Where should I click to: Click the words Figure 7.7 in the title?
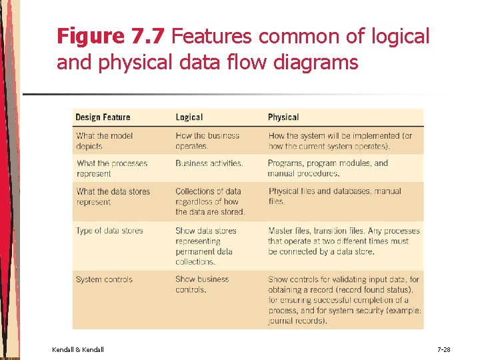click(x=110, y=36)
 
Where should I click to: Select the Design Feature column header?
click(x=103, y=117)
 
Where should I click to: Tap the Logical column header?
click(x=189, y=117)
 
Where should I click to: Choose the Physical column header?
click(x=283, y=117)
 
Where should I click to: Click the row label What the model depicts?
click(x=104, y=141)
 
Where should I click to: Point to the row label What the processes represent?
click(x=111, y=168)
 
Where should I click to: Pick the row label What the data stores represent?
click(x=113, y=196)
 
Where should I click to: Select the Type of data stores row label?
click(x=109, y=231)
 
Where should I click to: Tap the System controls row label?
click(x=104, y=279)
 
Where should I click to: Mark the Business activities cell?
click(x=209, y=163)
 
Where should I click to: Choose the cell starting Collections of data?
click(x=209, y=201)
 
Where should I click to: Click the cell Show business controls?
click(x=201, y=284)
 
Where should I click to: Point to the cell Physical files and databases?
click(x=334, y=196)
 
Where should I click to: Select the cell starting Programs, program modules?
click(x=327, y=168)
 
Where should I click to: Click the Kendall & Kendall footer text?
click(x=77, y=349)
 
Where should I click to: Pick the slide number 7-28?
click(x=443, y=349)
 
